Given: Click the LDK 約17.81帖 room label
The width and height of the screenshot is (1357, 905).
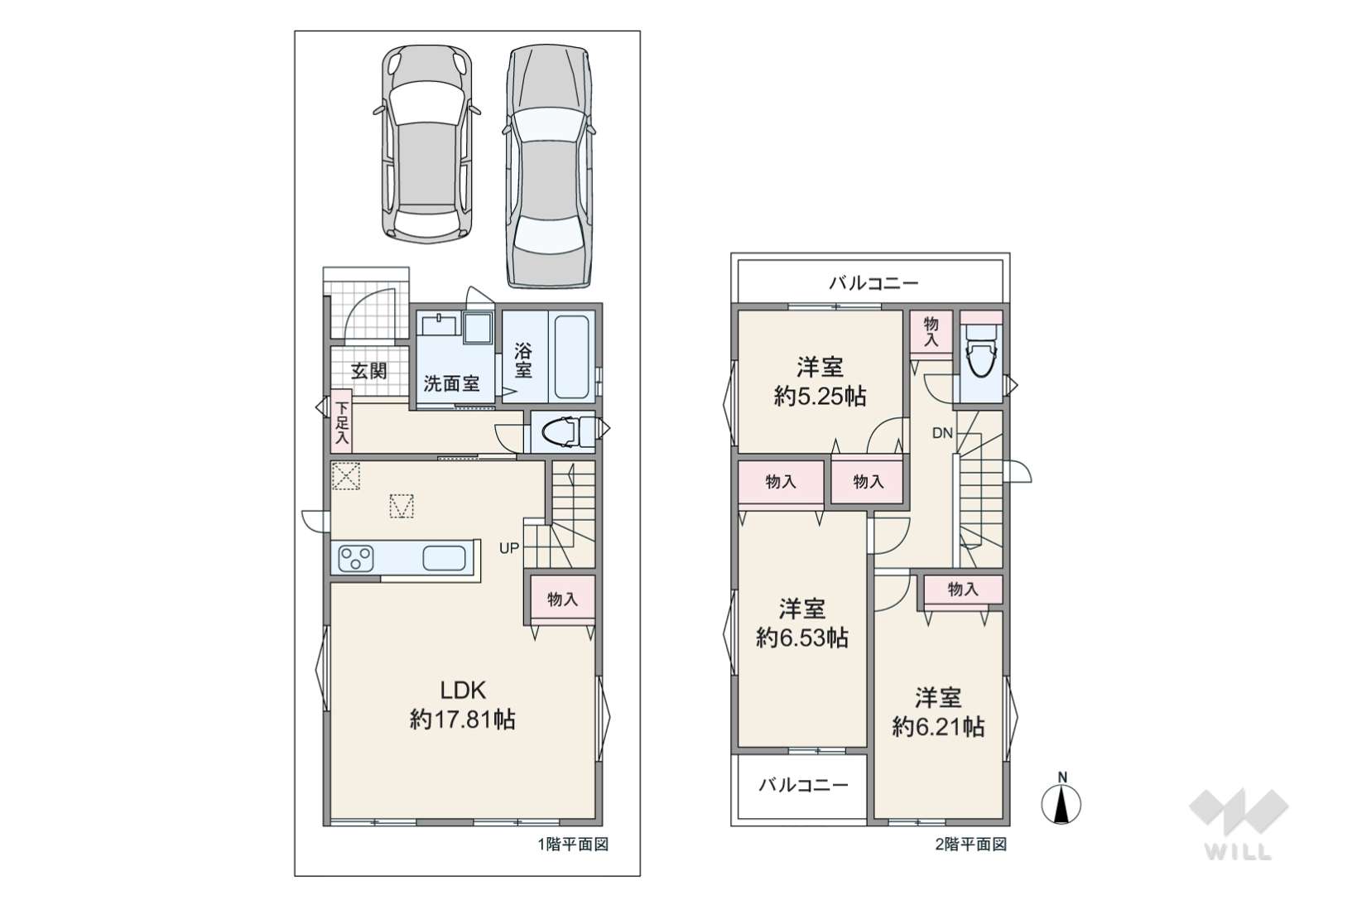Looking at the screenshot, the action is point(463,705).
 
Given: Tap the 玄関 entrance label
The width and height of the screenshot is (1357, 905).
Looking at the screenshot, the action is point(369,371).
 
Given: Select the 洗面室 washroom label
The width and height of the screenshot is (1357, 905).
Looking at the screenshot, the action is point(451,383).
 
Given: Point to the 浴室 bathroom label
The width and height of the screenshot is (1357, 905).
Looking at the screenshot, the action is point(523,360).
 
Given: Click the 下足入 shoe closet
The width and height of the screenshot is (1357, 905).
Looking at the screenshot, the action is point(342,421).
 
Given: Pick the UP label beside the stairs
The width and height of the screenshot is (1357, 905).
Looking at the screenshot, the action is point(509,548).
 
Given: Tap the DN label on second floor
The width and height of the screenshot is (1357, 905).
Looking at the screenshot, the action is point(942,433).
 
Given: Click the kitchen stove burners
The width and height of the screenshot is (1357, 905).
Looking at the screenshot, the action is point(356,558).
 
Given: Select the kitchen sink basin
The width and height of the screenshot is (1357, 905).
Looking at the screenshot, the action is point(444,558).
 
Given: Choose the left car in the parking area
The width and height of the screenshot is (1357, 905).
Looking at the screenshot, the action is point(427,144).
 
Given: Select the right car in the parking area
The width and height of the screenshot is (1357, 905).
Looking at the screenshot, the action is point(548,166).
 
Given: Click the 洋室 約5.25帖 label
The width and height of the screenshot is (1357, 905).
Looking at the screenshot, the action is point(820,382).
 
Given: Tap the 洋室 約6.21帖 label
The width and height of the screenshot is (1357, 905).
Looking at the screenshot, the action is point(938,711).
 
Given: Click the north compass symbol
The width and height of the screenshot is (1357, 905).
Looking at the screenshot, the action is point(1061,799).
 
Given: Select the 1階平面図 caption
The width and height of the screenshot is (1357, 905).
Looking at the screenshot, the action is point(573,845).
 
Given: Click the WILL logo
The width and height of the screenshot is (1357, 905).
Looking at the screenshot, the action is point(1239,824).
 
